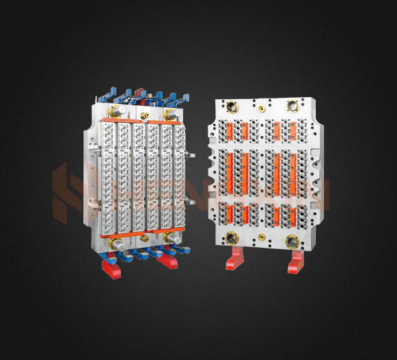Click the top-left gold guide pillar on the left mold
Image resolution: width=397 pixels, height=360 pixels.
pos(118,111)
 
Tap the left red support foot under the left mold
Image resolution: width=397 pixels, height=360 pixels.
pos(111,266)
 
